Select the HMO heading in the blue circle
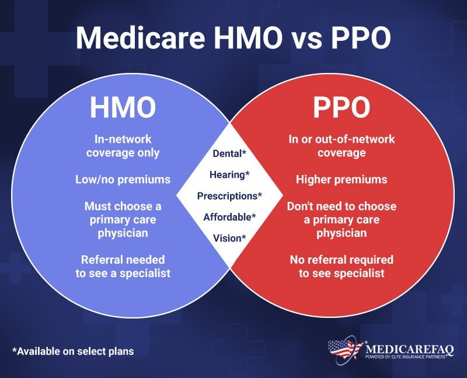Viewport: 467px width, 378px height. (123, 108)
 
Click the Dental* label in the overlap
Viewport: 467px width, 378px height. (229, 153)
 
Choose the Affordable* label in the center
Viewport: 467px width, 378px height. (229, 217)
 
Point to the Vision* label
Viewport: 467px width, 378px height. (229, 237)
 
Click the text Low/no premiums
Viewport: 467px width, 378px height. (123, 180)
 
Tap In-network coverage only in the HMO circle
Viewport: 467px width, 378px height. (123, 146)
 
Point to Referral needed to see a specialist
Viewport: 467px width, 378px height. (123, 265)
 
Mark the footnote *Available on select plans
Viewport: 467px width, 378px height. (73, 351)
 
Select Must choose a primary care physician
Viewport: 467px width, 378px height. (123, 220)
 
